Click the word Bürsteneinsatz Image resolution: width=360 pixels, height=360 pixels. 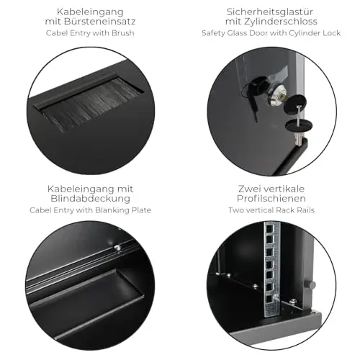click(x=101, y=22)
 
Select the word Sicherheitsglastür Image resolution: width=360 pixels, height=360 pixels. click(x=270, y=12)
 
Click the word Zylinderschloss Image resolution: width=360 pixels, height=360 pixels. click(x=281, y=22)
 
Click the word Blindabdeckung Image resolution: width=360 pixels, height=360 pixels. click(x=91, y=199)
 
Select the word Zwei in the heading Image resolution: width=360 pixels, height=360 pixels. click(x=248, y=189)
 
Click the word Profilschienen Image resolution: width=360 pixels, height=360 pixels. click(x=271, y=199)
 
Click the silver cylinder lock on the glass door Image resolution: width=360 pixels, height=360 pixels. click(x=279, y=96)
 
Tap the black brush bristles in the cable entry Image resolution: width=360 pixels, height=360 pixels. click(x=92, y=103)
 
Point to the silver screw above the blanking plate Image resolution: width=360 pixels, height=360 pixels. click(x=117, y=247)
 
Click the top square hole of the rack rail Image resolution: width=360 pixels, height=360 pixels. click(x=269, y=227)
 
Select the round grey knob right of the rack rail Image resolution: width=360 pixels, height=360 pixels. click(x=310, y=285)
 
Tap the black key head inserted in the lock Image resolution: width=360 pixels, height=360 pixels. click(x=255, y=84)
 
